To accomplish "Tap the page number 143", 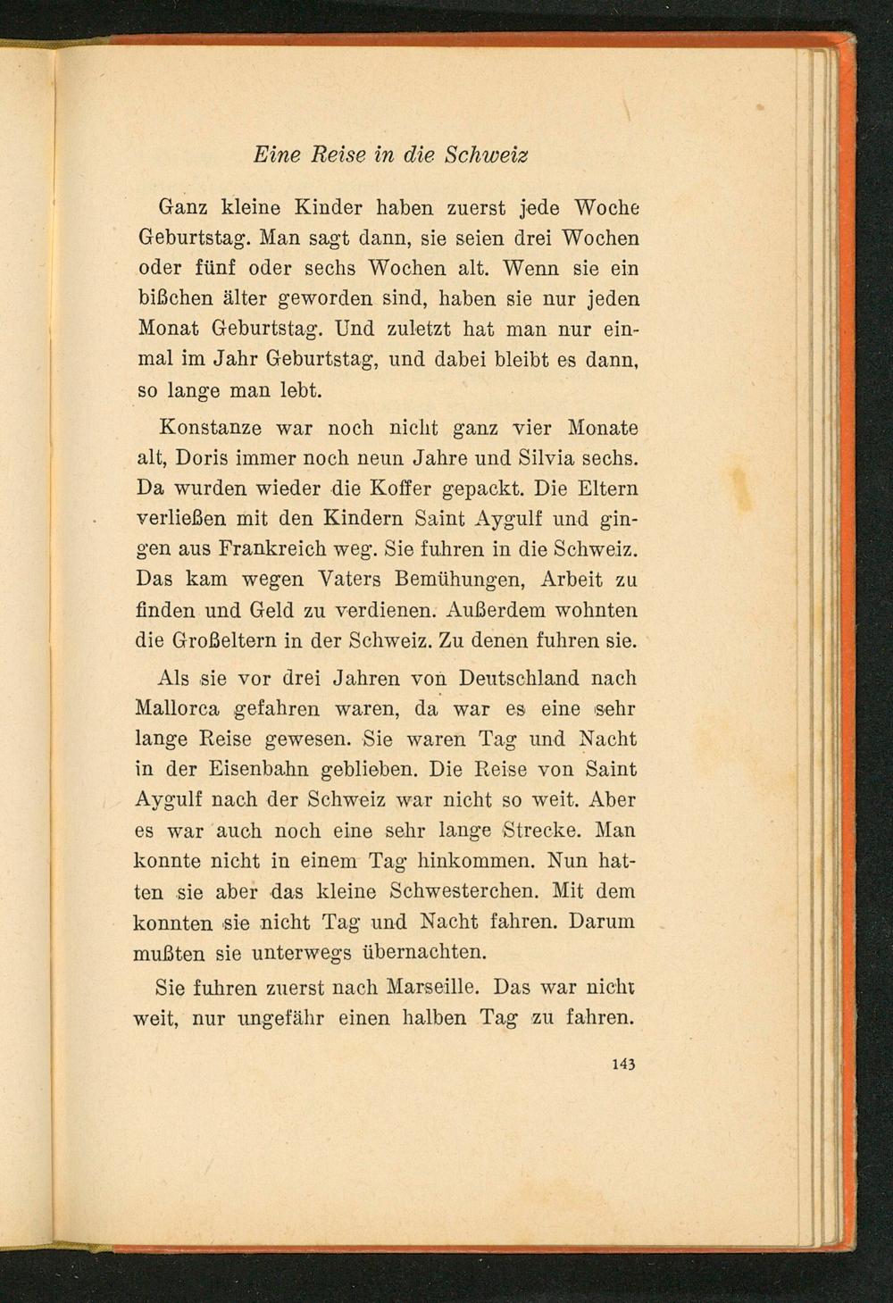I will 623,1064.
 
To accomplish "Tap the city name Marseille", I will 432,989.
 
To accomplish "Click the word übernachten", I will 423,952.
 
